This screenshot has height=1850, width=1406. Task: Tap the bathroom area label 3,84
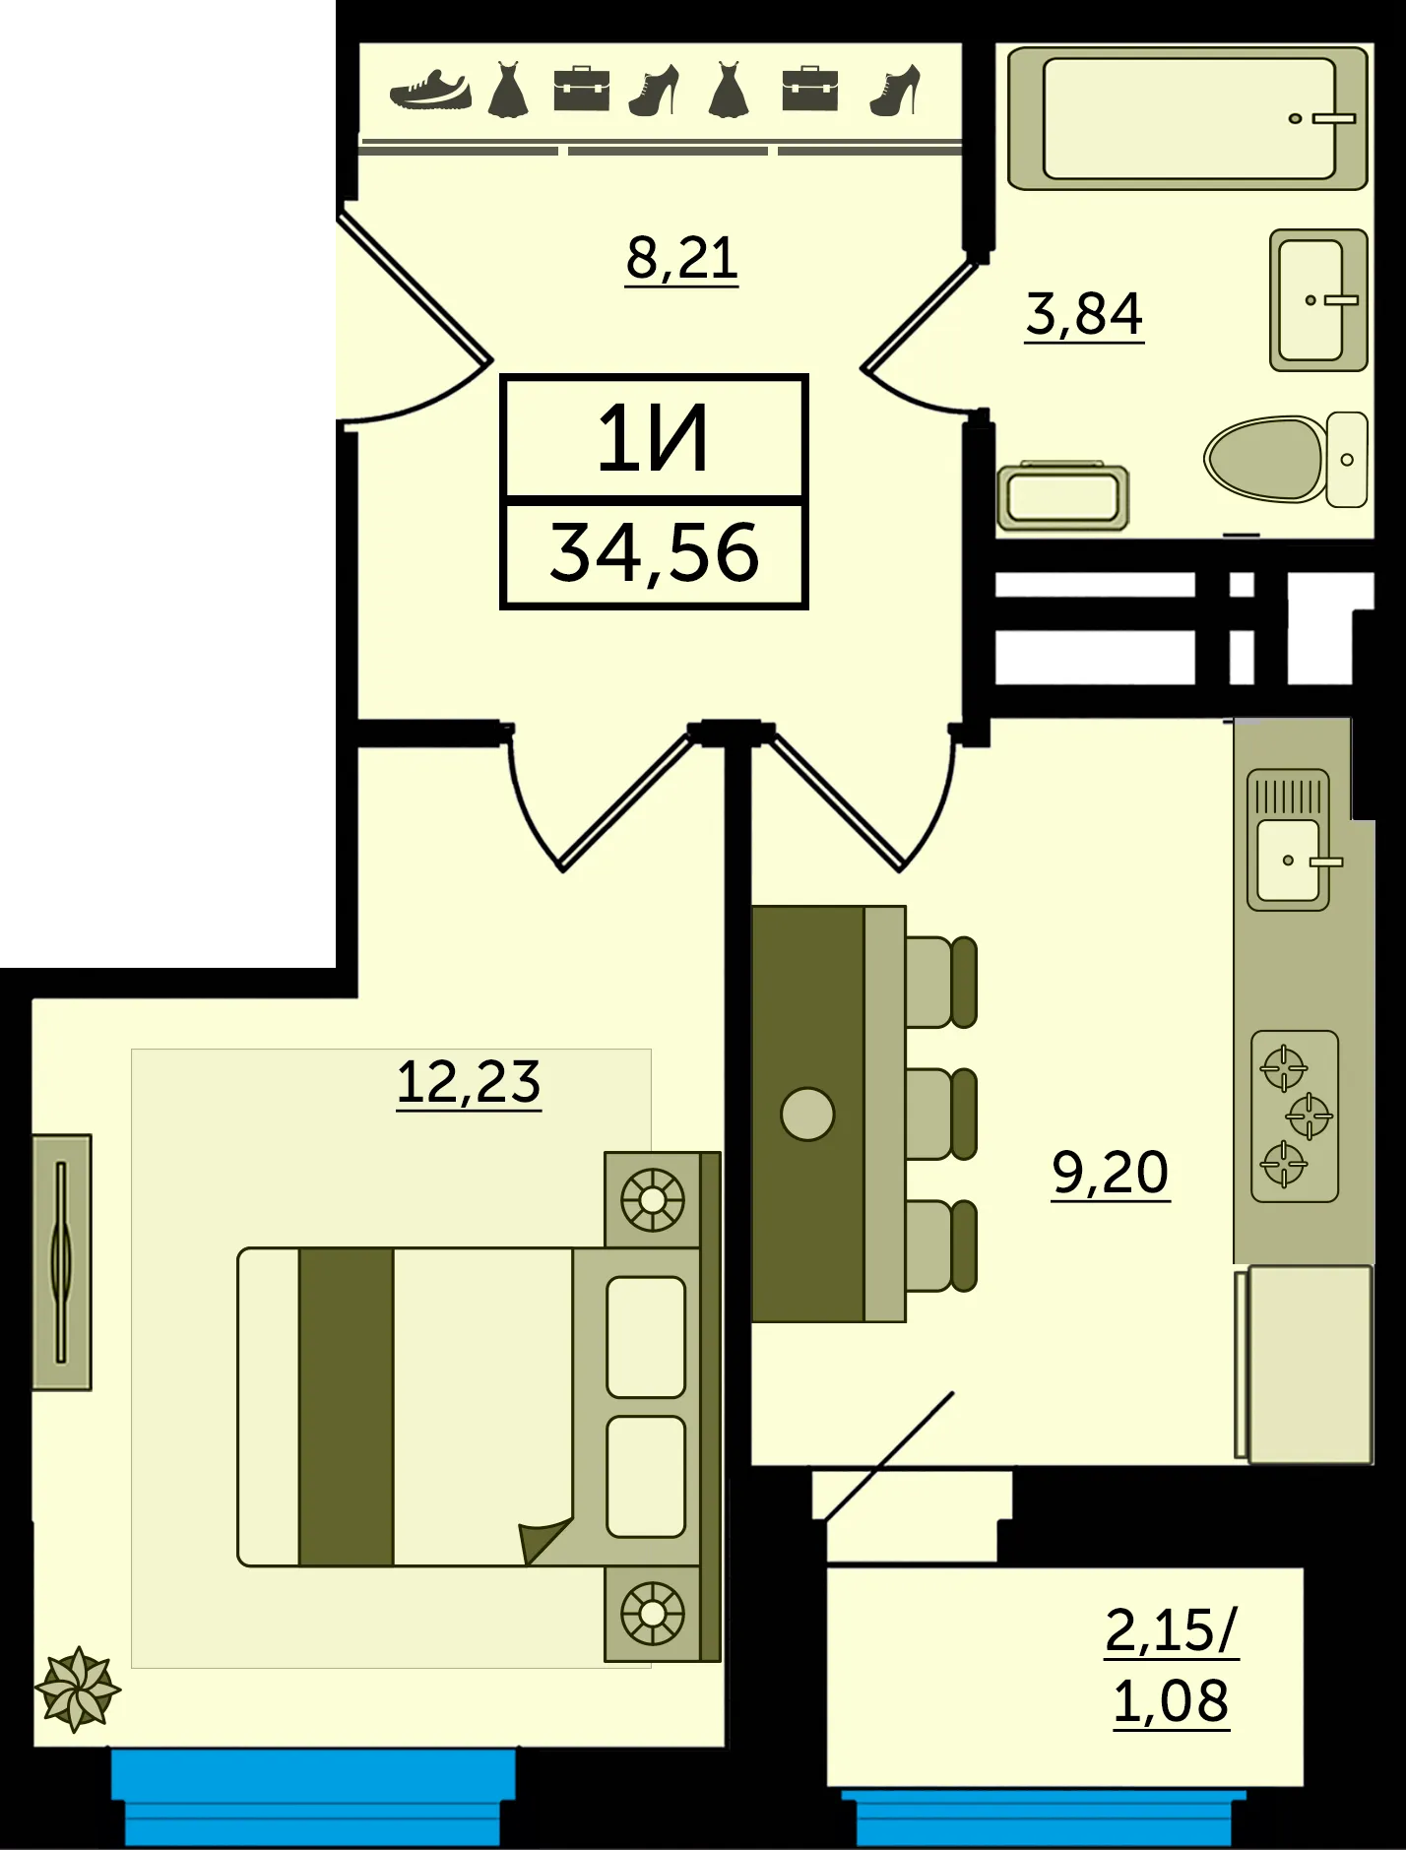click(x=1084, y=314)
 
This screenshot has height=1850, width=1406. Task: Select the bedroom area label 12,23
click(x=469, y=1082)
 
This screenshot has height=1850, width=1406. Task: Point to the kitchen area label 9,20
click(x=1111, y=1173)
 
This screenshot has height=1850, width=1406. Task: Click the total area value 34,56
click(x=655, y=552)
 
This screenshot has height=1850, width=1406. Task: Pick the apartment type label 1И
click(x=653, y=440)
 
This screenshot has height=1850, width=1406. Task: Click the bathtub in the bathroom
click(x=1188, y=118)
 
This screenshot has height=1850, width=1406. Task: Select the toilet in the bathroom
click(x=1286, y=459)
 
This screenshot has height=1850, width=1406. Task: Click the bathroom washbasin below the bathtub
click(x=1318, y=300)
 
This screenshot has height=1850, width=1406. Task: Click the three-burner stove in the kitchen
click(x=1295, y=1116)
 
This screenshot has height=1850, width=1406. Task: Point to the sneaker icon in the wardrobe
click(x=430, y=90)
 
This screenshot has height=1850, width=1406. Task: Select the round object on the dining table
click(x=807, y=1114)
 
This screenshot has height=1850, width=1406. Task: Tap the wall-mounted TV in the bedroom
click(x=62, y=1262)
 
